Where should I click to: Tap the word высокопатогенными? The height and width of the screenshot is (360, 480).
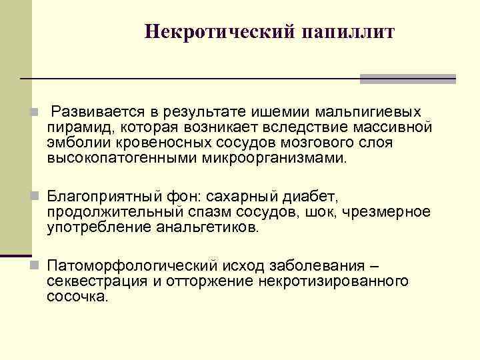pos(115,159)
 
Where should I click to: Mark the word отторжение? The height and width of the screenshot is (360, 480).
pos(207,281)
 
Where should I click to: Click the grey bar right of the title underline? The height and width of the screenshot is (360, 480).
pos(407,79)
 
